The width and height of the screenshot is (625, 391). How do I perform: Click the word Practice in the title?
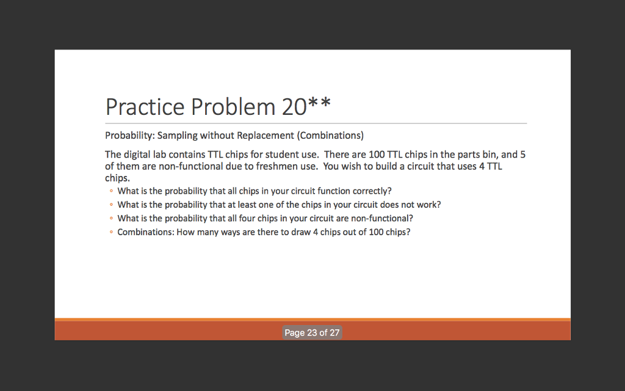[x=145, y=107]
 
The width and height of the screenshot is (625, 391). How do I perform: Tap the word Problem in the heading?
[x=233, y=107]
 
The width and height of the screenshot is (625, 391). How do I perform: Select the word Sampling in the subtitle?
[x=178, y=135]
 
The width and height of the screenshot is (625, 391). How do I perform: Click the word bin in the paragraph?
[x=490, y=155]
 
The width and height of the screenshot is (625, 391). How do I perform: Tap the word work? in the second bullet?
[x=428, y=205]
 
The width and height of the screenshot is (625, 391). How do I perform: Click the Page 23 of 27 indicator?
[x=312, y=333]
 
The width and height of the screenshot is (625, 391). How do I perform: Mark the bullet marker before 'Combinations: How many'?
[x=111, y=232]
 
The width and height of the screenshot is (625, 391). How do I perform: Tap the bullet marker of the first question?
[x=111, y=191]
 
